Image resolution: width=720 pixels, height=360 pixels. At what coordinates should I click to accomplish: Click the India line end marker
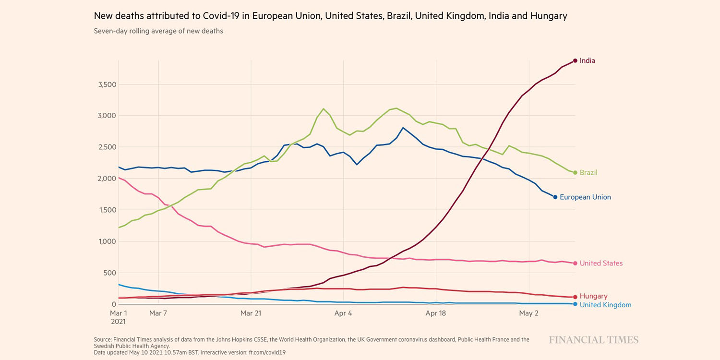pyautogui.click(x=575, y=60)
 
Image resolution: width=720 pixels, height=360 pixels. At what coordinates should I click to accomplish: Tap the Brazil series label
pyautogui.click(x=588, y=172)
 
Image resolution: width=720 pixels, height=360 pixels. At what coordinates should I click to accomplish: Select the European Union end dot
pyautogui.click(x=555, y=197)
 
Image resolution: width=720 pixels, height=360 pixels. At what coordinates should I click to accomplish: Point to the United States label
pyautogui.click(x=601, y=263)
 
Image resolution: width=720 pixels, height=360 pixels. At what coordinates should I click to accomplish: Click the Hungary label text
pyautogui.click(x=593, y=296)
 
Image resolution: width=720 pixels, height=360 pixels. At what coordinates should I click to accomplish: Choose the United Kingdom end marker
pyautogui.click(x=575, y=304)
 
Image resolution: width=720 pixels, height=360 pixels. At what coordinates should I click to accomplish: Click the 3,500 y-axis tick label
pyautogui.click(x=107, y=84)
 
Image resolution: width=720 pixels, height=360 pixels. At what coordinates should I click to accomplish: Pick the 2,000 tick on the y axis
pyautogui.click(x=107, y=179)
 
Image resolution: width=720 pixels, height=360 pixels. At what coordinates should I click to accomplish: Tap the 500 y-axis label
pyautogui.click(x=111, y=273)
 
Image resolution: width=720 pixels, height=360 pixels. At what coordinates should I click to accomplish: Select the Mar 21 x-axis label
pyautogui.click(x=251, y=313)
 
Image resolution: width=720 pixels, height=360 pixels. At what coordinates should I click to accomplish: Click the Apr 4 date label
pyautogui.click(x=343, y=313)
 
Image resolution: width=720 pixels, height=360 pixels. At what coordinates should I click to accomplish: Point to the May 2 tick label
pyautogui.click(x=529, y=313)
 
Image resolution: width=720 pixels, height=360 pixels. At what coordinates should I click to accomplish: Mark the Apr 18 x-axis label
pyautogui.click(x=436, y=313)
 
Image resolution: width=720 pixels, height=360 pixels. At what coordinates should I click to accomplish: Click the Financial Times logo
pyautogui.click(x=594, y=340)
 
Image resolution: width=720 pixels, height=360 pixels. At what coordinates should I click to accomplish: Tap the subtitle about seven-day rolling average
pyautogui.click(x=158, y=31)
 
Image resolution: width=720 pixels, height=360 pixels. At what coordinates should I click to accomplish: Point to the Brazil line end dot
pyautogui.click(x=575, y=172)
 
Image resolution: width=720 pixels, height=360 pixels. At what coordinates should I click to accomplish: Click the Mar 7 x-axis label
pyautogui.click(x=158, y=313)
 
